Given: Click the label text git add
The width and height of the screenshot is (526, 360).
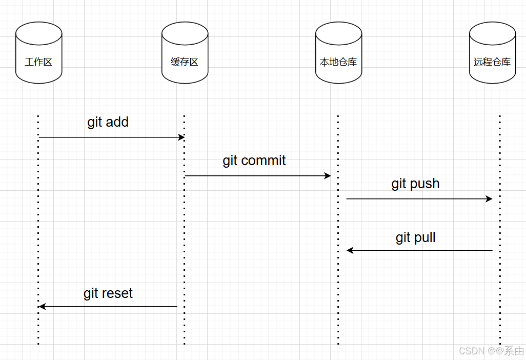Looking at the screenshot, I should [x=108, y=122].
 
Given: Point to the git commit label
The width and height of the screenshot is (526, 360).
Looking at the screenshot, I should [x=254, y=161].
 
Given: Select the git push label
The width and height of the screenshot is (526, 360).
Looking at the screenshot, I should [x=415, y=184].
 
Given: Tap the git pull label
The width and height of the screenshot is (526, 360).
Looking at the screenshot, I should [x=415, y=237].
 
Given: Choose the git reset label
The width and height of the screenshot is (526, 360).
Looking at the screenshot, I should [x=108, y=293].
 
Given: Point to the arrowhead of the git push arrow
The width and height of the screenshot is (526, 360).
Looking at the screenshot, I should [x=489, y=199].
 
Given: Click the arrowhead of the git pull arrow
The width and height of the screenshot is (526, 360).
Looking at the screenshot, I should [x=350, y=250].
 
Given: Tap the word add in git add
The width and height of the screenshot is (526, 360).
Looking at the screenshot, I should [x=117, y=122].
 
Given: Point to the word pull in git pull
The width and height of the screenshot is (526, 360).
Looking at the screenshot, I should [x=425, y=237].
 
